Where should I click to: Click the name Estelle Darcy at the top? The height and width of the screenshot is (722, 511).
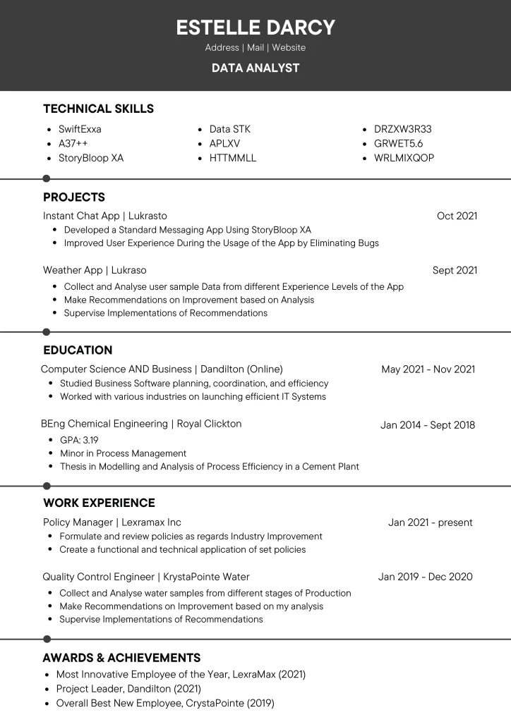tap(255, 27)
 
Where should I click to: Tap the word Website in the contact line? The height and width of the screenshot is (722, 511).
tap(289, 48)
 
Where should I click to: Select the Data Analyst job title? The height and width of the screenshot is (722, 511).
tap(255, 68)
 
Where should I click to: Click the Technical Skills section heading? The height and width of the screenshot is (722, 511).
tap(98, 109)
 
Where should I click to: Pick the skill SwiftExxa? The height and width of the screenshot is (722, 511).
tap(80, 129)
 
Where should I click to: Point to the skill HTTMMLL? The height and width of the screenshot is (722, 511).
tap(232, 158)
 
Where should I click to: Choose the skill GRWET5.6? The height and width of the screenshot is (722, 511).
tap(398, 143)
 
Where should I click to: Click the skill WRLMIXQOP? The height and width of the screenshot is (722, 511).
tap(404, 158)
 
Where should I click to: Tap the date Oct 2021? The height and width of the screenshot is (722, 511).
tap(457, 216)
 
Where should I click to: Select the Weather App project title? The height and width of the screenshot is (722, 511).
tap(95, 270)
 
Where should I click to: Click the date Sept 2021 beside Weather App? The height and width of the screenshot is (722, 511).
tap(455, 270)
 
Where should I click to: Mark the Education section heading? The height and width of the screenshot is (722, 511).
tap(78, 350)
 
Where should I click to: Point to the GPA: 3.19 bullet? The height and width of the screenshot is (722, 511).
tap(79, 440)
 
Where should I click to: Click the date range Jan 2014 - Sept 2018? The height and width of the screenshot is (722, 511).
tap(428, 424)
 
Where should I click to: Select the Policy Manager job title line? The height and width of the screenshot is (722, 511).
tap(112, 522)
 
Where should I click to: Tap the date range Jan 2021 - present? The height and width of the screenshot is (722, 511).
tap(431, 522)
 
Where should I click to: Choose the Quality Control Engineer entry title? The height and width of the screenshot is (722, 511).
tap(146, 577)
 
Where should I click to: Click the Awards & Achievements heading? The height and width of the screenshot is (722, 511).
tap(121, 658)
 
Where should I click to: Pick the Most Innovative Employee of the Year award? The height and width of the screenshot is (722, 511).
tap(181, 674)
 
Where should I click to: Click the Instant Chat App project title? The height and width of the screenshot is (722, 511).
tap(105, 216)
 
